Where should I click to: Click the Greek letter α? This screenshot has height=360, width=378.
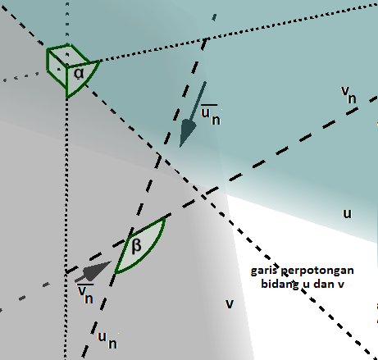(79, 73)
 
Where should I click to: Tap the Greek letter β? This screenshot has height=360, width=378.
(136, 246)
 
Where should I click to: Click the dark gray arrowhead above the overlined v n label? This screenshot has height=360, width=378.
(97, 271)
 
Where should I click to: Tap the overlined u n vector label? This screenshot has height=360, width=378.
(211, 115)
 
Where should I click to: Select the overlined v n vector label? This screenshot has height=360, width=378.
(85, 294)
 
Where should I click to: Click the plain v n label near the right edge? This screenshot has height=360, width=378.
(348, 94)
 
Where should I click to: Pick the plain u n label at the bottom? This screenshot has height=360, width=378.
(107, 340)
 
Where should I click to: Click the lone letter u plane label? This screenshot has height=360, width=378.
(347, 213)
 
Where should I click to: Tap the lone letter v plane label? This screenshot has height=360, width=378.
(230, 303)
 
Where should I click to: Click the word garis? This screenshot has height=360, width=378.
(264, 271)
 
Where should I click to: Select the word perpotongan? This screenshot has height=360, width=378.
(317, 271)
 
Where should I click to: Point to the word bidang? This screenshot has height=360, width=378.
(280, 285)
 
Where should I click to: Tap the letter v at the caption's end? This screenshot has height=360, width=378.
(341, 285)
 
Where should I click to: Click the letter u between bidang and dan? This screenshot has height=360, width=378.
(306, 285)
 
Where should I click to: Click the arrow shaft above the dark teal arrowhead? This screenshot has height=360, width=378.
(198, 101)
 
